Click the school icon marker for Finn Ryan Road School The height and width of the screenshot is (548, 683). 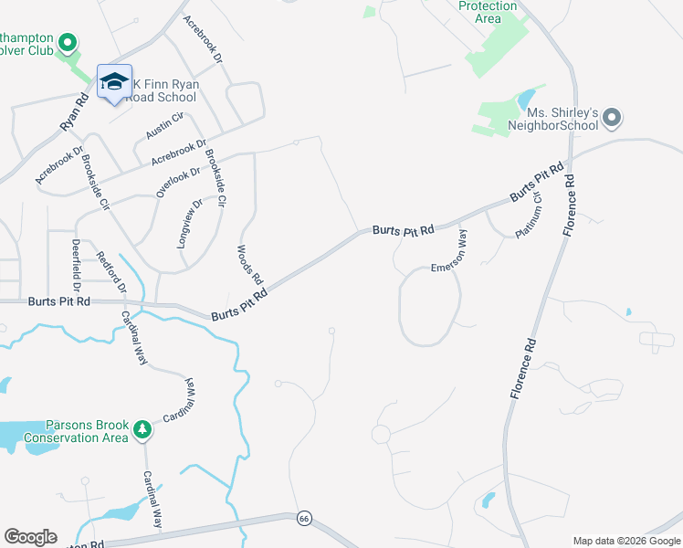114,83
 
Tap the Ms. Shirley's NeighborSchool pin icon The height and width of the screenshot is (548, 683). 613,118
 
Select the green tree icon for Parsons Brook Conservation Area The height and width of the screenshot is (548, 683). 142,427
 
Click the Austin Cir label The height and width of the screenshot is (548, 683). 164,126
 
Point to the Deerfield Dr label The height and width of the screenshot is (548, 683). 76,261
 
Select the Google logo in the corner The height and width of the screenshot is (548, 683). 30,537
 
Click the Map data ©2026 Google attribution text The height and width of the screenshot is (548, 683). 626,541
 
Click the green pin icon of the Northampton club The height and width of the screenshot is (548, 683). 67,42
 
